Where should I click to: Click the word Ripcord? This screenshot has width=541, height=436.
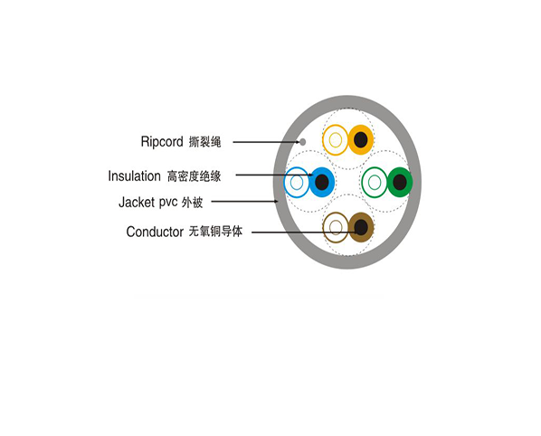click(162, 142)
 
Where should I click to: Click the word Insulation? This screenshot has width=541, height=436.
click(134, 175)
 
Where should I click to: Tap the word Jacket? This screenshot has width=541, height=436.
click(137, 202)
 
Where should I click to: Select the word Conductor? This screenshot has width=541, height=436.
click(155, 232)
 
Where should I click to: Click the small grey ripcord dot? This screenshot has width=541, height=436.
click(302, 142)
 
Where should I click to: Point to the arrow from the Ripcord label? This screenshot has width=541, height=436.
click(266, 142)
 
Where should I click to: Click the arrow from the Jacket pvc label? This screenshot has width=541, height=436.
click(244, 202)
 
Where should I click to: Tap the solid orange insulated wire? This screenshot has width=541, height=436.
click(361, 139)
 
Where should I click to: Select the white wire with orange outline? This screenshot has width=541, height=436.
click(336, 139)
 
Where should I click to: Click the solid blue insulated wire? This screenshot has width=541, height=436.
click(321, 182)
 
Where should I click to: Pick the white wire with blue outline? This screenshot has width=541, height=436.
click(297, 182)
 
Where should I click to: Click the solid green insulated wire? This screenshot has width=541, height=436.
click(400, 182)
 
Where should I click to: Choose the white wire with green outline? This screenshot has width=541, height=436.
click(375, 182)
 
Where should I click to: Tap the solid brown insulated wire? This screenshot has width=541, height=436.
click(361, 227)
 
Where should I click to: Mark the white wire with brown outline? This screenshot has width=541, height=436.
click(336, 227)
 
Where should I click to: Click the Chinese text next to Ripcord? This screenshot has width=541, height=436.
click(205, 142)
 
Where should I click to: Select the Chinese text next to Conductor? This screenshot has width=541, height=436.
click(215, 232)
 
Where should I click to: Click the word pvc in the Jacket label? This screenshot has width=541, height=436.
click(168, 203)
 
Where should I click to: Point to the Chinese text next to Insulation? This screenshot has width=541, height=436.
click(194, 176)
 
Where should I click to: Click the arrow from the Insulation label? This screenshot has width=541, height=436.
click(274, 175)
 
